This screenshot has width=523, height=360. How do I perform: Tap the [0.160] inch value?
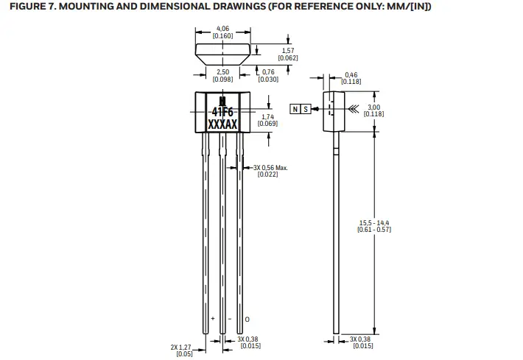tap(223, 36)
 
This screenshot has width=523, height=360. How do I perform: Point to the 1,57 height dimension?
tap(287, 50)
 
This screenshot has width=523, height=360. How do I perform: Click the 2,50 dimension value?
tap(223, 72)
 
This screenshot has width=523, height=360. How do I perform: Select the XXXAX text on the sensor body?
tap(222, 126)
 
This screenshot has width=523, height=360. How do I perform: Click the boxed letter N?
tap(296, 109)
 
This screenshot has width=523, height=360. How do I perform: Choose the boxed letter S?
tap(306, 109)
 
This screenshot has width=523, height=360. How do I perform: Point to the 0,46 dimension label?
tap(352, 75)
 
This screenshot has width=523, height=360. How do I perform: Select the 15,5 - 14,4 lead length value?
tap(373, 222)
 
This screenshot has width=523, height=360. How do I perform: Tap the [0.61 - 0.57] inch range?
tap(373, 229)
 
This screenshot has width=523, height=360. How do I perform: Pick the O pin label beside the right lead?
tap(247, 319)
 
